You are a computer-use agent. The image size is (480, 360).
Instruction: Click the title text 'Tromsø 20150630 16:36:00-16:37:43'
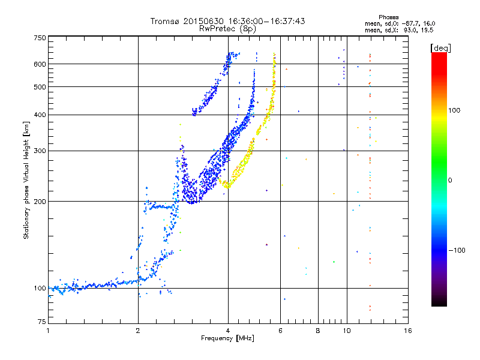[227, 21]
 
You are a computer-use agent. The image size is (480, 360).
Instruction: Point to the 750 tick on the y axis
[40, 37]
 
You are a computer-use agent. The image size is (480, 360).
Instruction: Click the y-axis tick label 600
[40, 64]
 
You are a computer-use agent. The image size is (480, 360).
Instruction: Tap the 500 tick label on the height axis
[40, 87]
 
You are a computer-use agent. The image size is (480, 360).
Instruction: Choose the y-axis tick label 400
[40, 115]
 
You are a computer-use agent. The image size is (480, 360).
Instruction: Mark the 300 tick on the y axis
[40, 151]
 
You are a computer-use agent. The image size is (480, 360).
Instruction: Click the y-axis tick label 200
[40, 202]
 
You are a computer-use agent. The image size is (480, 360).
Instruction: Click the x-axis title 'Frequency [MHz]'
[227, 338]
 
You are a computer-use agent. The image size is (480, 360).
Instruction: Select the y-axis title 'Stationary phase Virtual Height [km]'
[26, 180]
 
